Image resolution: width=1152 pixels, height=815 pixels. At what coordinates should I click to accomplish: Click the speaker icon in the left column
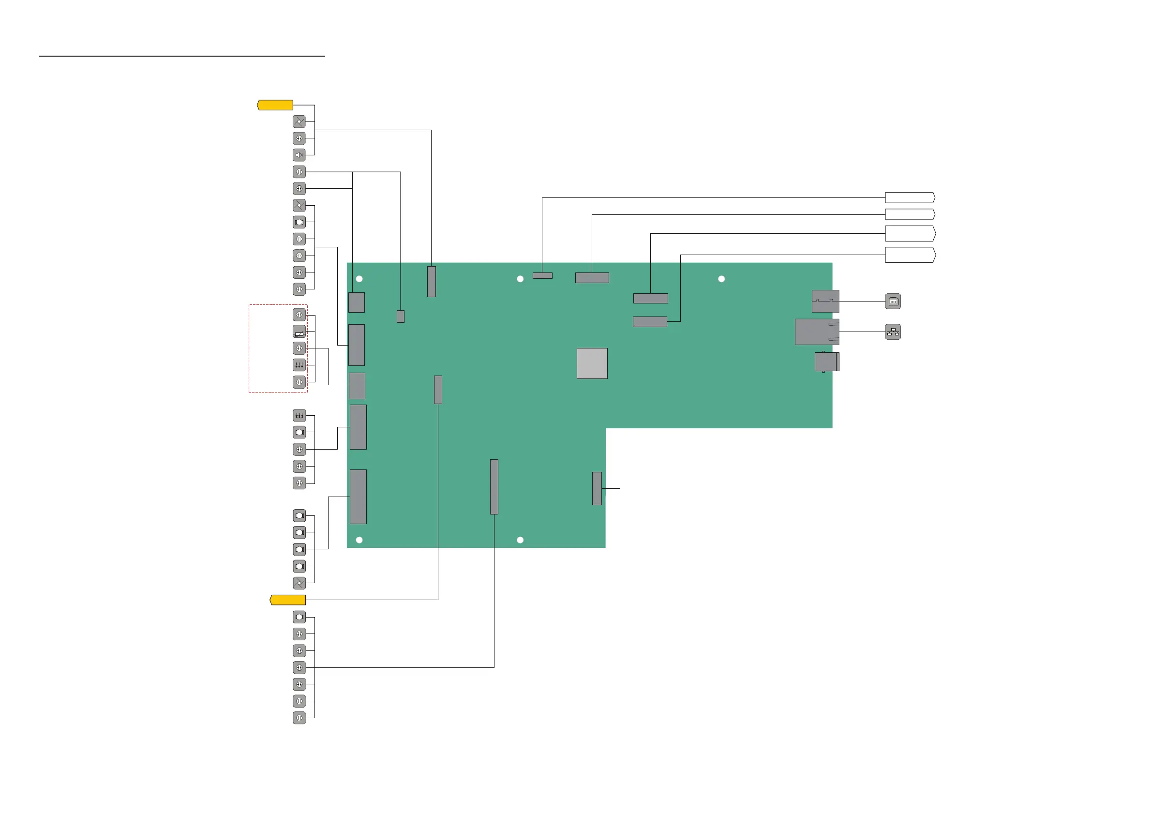[x=299, y=155]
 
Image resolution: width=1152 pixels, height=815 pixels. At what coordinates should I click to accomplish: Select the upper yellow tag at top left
[x=275, y=105]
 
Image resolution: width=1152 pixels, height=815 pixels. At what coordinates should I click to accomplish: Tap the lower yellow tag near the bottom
[x=288, y=600]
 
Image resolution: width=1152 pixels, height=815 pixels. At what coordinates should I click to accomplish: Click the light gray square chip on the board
[x=592, y=363]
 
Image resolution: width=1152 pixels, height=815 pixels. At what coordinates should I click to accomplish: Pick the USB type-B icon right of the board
[x=893, y=301]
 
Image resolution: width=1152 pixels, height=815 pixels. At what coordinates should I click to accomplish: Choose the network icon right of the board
[x=893, y=332]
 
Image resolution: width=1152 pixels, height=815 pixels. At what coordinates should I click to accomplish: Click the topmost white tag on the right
[x=910, y=197]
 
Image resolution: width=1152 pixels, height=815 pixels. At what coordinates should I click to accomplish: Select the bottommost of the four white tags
[x=910, y=255]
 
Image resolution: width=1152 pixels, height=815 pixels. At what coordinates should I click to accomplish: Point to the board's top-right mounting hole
[x=721, y=279]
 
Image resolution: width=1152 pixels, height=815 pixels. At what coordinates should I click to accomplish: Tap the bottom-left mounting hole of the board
[x=359, y=540]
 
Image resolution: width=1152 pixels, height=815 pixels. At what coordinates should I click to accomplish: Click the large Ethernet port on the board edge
[x=817, y=332]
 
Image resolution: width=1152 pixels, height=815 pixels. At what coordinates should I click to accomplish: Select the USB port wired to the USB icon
[x=825, y=301]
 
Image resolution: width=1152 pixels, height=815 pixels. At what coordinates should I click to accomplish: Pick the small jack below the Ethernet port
[x=826, y=362]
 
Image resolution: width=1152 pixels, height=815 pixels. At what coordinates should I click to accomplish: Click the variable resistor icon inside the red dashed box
[x=299, y=332]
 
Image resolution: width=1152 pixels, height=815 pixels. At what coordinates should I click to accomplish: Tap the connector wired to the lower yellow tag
[x=438, y=390]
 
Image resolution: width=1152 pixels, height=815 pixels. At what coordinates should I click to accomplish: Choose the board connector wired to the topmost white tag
[x=542, y=275]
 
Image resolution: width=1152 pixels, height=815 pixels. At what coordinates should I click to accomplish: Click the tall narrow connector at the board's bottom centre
[x=494, y=487]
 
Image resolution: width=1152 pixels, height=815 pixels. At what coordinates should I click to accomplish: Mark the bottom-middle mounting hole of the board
[x=520, y=540]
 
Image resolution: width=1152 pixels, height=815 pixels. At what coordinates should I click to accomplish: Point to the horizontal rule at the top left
[x=182, y=56]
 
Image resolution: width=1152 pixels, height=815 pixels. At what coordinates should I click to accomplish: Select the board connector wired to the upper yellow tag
[x=432, y=282]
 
